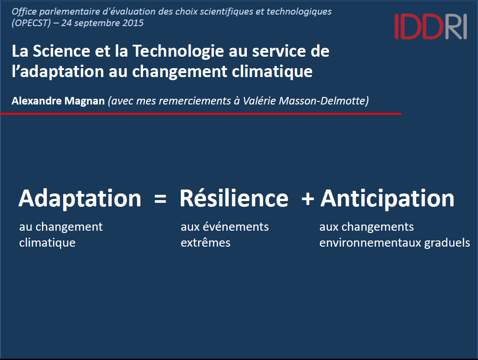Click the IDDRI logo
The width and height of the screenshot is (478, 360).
coord(431,27)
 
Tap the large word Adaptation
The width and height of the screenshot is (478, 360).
coord(80,199)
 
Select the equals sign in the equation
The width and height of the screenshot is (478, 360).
coord(160,199)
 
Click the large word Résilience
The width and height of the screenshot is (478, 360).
coord(234,198)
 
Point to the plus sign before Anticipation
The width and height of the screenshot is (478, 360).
coord(307,199)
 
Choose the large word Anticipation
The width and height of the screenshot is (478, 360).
coord(388,199)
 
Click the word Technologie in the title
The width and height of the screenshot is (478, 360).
coord(179,51)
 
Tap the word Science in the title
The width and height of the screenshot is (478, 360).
coord(61,51)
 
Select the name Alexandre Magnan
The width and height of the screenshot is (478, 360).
coord(58,101)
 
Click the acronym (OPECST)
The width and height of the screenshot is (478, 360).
coord(31,23)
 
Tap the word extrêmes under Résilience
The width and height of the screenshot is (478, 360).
coord(206,243)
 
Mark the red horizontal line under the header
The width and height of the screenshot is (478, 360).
coord(201,114)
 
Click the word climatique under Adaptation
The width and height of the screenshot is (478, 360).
coord(47,243)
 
